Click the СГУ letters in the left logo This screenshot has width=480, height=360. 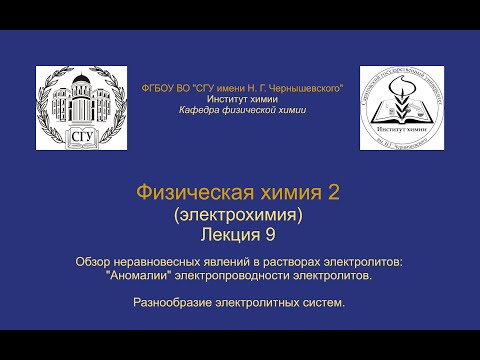tap(80, 136)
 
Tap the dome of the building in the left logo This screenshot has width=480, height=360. tap(80, 82)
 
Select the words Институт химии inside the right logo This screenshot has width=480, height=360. tap(401, 130)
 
